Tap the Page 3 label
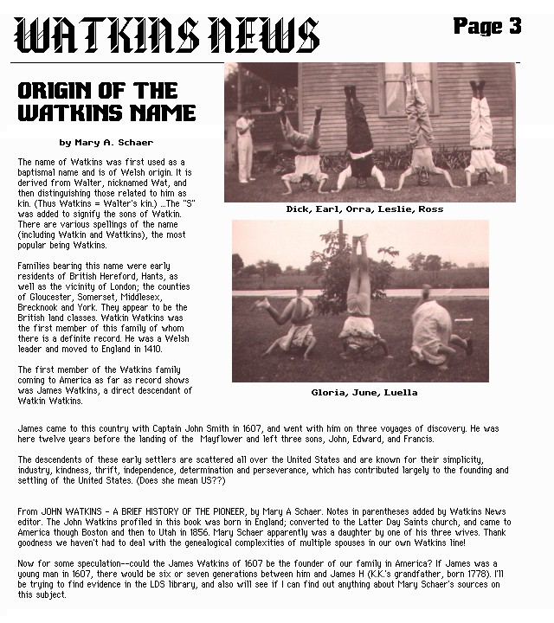[487, 27]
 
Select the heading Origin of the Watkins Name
[106, 102]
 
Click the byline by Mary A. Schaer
[106, 143]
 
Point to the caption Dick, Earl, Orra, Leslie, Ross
[364, 209]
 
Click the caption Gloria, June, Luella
[364, 392]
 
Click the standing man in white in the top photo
[245, 137]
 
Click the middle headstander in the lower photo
[358, 299]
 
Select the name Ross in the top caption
[429, 209]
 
